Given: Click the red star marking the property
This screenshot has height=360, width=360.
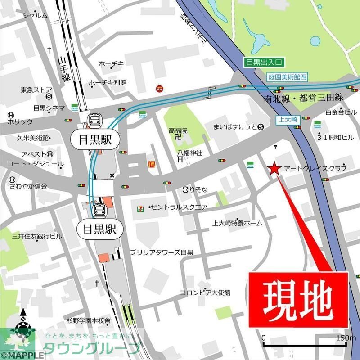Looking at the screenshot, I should click(274, 169).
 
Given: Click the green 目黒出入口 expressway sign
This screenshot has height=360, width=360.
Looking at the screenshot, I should click(263, 63).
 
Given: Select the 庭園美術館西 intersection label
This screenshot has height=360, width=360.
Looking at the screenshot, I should click(286, 77).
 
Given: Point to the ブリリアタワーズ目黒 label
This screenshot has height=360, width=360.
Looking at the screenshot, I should click(162, 252).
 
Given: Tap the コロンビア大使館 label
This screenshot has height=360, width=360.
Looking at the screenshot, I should click(205, 292).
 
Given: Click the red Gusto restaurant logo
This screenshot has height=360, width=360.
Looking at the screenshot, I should click(159, 89).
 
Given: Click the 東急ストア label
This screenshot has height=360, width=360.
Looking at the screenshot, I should click(36, 90).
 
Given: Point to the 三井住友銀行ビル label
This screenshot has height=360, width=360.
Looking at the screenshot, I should click(37, 236).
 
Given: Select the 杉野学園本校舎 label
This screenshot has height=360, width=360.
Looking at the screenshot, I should click(89, 320).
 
